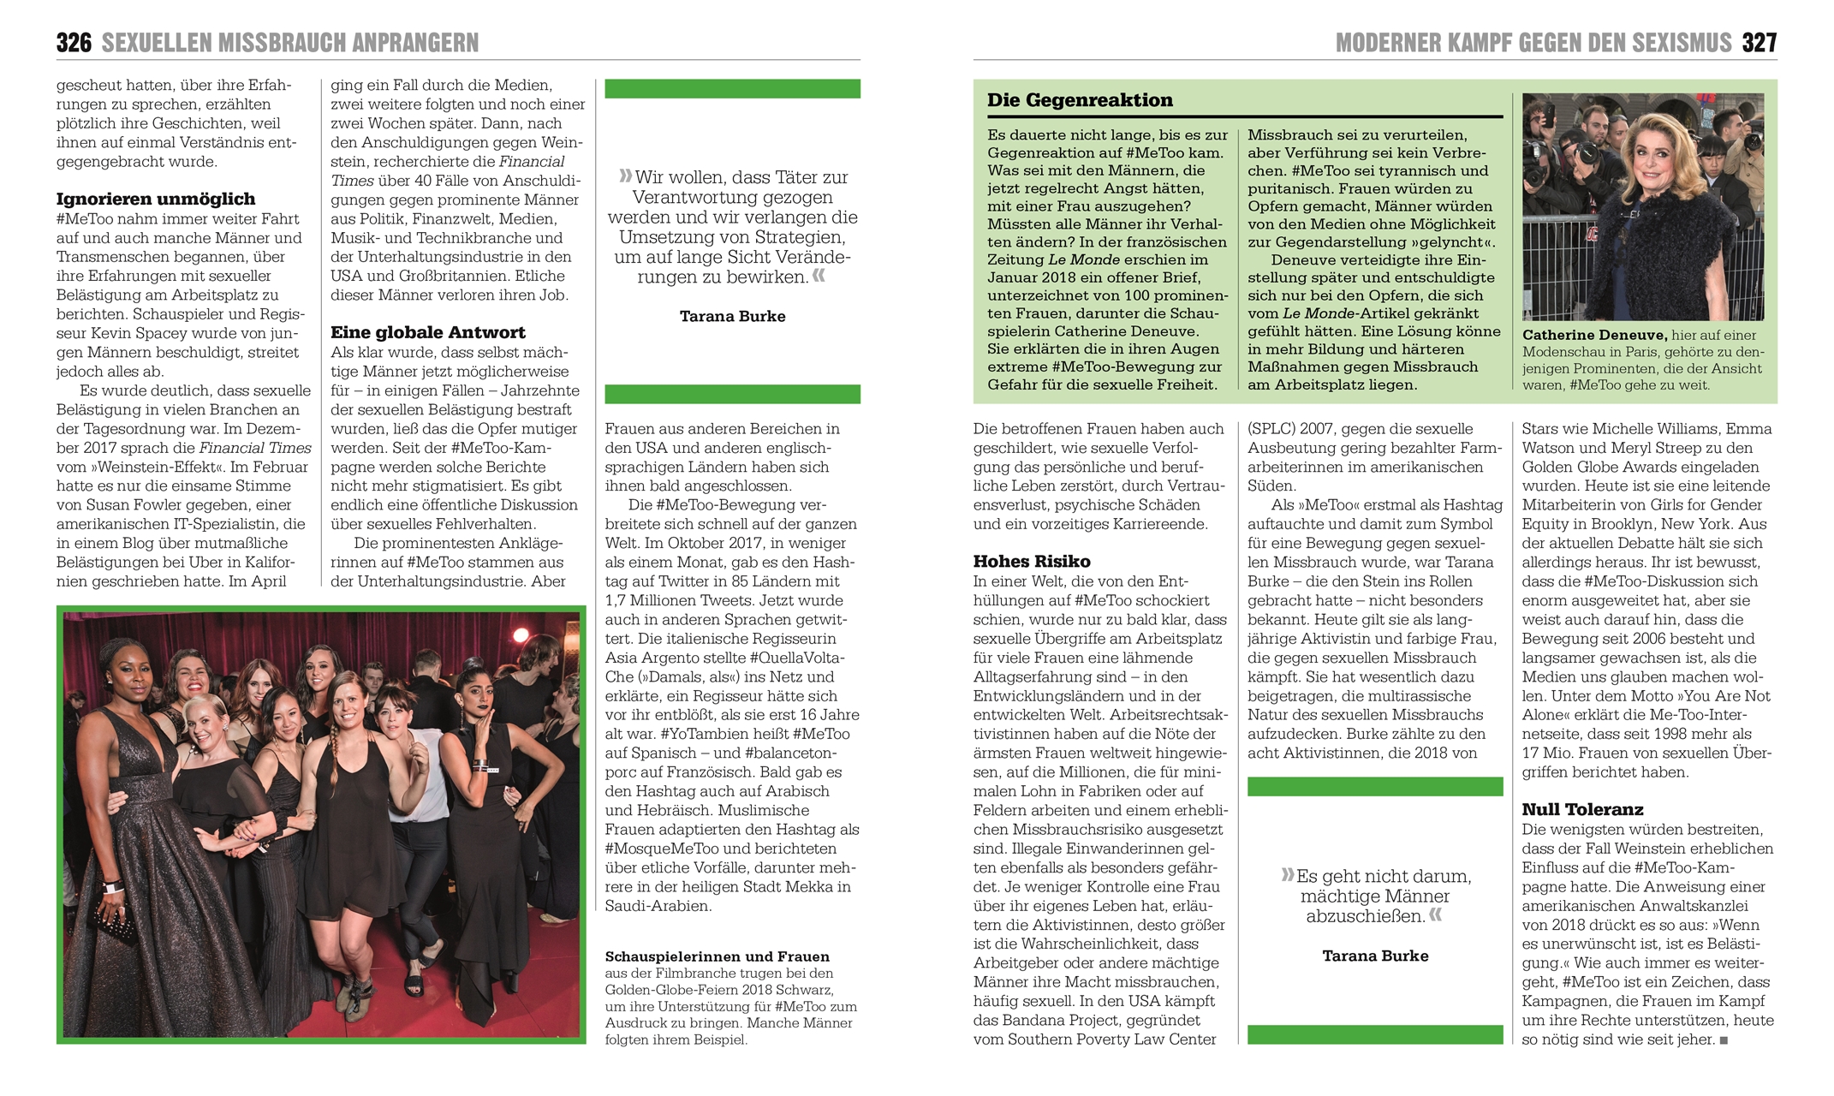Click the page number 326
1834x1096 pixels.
point(74,43)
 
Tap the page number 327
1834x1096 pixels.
point(1759,43)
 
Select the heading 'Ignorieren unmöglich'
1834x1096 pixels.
point(155,200)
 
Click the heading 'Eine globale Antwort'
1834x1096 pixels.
point(427,333)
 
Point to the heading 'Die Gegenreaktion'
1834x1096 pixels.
point(1080,100)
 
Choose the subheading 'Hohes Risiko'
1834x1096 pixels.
point(1031,562)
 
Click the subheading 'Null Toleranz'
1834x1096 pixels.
point(1582,810)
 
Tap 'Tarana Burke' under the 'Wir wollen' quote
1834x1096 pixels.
point(732,317)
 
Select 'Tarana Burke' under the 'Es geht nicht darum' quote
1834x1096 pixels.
point(1374,956)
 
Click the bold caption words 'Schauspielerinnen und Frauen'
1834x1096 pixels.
point(717,957)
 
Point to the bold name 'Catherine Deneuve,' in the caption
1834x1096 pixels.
point(1593,336)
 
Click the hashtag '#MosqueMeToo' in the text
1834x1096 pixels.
point(659,849)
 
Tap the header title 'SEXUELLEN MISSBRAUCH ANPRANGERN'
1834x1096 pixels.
point(290,43)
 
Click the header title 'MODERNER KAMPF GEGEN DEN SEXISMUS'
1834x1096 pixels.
point(1533,43)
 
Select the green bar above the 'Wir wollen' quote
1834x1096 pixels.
point(732,89)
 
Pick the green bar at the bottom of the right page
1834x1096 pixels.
point(1374,1034)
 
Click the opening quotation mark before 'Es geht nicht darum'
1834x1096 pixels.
point(1287,875)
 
